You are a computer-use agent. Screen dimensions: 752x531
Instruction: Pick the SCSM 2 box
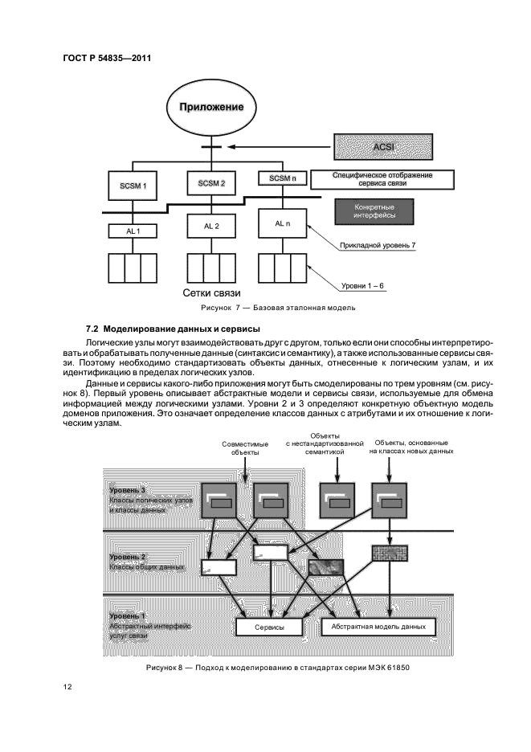[x=210, y=184]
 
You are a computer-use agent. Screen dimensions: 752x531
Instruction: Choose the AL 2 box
[x=210, y=227]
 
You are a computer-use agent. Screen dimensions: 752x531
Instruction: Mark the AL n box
[x=283, y=223]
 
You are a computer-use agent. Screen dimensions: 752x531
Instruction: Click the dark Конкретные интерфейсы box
[x=383, y=211]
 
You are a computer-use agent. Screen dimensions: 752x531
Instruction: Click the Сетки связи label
[x=212, y=292]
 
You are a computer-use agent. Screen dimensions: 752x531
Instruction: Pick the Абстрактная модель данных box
[x=378, y=625]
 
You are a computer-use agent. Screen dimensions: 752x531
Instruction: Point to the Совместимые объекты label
[x=245, y=448]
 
